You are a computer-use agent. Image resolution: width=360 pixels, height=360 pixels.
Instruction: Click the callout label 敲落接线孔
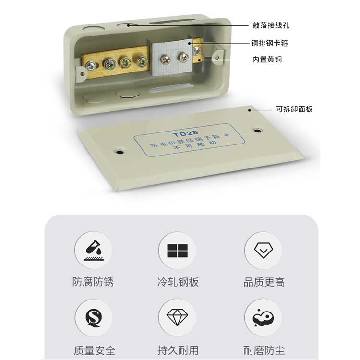tap(271, 25)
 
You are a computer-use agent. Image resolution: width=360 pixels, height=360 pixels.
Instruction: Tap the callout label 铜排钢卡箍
tap(269, 43)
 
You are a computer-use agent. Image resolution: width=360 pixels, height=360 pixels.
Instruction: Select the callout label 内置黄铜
tap(267, 60)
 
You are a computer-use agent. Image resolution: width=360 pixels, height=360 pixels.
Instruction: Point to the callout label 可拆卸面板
tap(294, 109)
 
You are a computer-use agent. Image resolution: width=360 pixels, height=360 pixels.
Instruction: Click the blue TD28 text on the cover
tap(185, 133)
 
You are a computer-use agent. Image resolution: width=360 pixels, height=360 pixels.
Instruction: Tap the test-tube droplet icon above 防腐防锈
tap(94, 250)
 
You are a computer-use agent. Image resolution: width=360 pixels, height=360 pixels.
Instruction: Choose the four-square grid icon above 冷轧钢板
tap(177, 251)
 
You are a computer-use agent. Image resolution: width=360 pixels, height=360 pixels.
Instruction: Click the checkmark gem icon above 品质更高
tap(264, 250)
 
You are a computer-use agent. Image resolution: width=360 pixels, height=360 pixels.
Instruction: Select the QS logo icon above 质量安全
tap(94, 318)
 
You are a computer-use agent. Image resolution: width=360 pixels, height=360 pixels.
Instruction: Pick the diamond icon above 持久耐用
tap(177, 317)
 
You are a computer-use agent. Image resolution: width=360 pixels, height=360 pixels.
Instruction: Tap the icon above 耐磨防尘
tap(263, 318)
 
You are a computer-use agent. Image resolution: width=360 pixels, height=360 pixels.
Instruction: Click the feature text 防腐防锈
tap(93, 282)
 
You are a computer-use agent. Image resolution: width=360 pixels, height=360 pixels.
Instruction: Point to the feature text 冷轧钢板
tap(178, 282)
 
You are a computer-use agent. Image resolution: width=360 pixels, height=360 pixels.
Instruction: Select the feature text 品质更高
tap(264, 282)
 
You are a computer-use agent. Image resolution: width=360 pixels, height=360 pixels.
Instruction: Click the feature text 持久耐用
tap(178, 350)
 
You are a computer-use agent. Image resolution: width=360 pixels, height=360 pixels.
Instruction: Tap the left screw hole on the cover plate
tap(120, 152)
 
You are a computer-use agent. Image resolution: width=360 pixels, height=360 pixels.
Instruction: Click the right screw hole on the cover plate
tap(258, 131)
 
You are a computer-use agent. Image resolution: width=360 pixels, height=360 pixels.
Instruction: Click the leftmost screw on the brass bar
tap(91, 66)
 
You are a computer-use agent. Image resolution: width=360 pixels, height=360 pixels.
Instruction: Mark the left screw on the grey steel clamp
tap(165, 60)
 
